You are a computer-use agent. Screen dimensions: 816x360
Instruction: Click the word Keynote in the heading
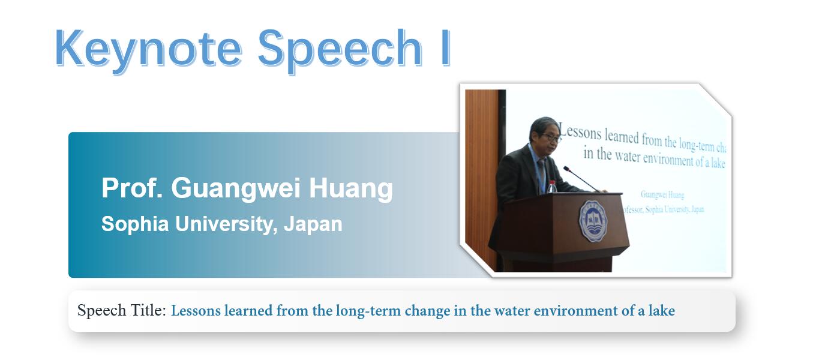point(148,49)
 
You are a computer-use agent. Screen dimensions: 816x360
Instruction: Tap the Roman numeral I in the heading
point(446,48)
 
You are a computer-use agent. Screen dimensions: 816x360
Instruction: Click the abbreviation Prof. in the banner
point(132,188)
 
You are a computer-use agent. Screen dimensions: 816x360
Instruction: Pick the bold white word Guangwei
point(236,189)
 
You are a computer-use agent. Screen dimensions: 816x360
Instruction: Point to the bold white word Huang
point(351,189)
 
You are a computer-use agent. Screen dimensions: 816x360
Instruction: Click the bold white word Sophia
point(135,224)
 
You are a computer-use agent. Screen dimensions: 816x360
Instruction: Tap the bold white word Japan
point(313,224)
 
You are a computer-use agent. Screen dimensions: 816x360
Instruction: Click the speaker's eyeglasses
point(551,138)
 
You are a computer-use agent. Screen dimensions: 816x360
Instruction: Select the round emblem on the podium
point(593,221)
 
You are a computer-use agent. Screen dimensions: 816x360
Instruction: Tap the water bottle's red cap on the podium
point(552,182)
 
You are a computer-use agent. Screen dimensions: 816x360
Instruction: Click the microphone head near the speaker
point(567,169)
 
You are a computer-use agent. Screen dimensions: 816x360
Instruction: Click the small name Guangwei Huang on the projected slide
point(662,194)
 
